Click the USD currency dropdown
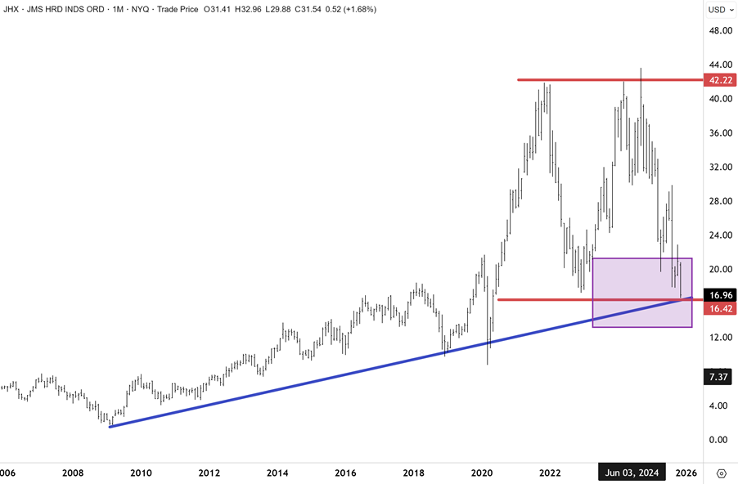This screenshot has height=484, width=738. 718,9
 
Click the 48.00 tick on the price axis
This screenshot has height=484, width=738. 720,30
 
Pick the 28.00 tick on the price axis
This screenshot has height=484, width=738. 720,201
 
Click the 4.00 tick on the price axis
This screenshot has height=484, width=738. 720,406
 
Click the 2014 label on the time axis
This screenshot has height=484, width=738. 277,473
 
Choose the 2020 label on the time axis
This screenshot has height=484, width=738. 482,473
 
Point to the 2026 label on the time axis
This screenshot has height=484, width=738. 686,473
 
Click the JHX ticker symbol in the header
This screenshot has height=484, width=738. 11,9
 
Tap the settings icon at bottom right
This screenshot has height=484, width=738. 722,473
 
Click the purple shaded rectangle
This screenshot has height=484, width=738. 641,293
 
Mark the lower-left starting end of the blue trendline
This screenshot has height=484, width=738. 109,426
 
